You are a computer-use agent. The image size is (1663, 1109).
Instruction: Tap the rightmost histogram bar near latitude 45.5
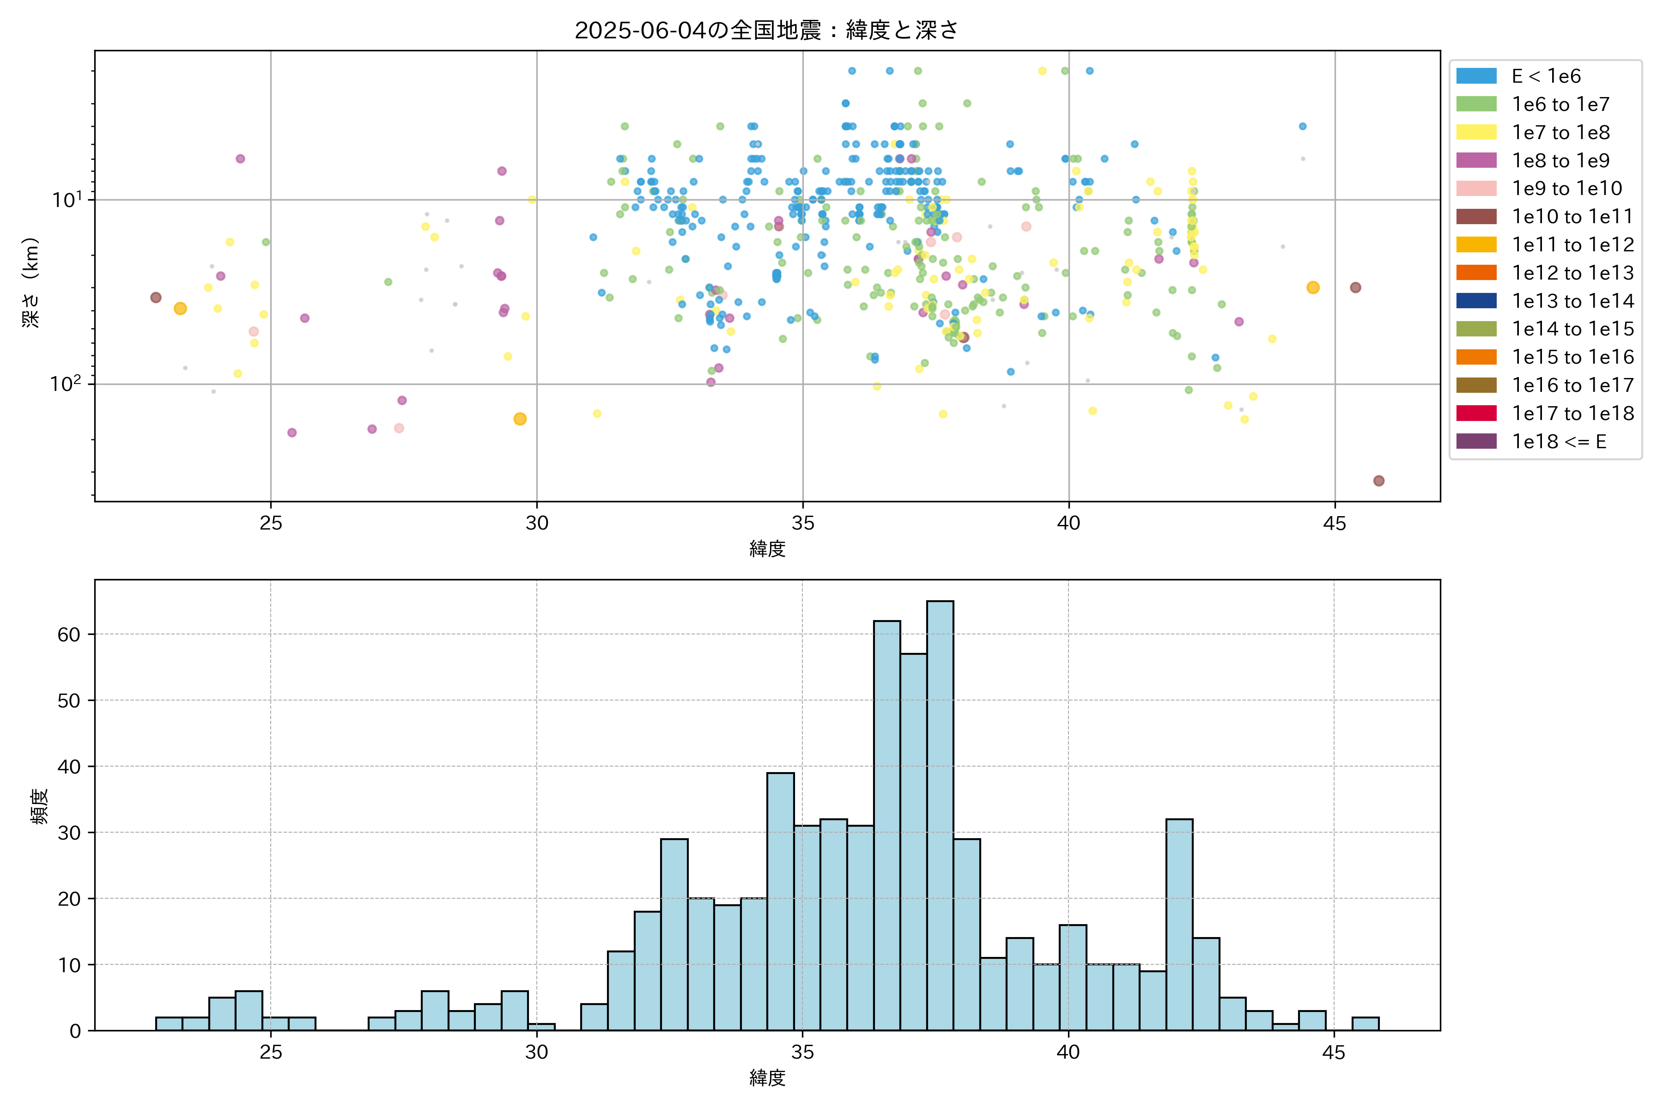coord(1365,1024)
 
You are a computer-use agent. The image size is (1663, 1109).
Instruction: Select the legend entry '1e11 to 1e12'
coord(1572,245)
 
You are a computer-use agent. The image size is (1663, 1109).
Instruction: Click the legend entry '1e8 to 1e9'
coord(1560,160)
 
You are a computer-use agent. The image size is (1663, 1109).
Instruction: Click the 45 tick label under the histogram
coord(1334,1053)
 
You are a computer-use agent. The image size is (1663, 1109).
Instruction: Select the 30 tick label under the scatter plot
coord(537,524)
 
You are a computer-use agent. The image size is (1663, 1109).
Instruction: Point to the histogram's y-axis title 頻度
coord(40,806)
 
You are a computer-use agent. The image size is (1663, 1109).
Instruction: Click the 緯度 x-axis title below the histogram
coord(767,1078)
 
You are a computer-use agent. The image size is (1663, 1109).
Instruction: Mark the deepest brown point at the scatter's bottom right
coord(1378,481)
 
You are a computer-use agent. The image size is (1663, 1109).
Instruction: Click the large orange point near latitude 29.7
coord(520,419)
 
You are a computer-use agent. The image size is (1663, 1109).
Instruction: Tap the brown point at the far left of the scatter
coord(156,298)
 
